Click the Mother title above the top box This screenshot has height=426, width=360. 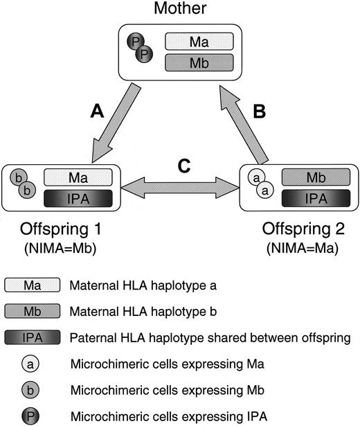pyautogui.click(x=179, y=9)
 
